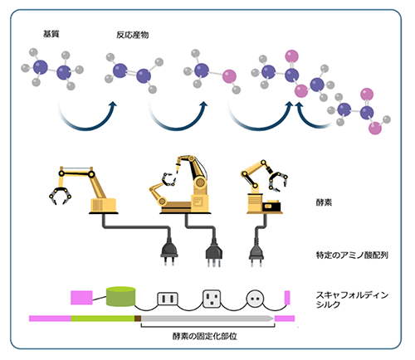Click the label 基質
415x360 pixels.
pos(51,34)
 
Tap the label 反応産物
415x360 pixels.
pos(133,35)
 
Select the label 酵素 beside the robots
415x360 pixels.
pos(324,202)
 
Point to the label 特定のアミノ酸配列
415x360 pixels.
pos(352,255)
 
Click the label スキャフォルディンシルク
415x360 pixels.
pos(352,299)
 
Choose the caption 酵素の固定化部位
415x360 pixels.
pos(205,336)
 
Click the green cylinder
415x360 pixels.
pos(121,296)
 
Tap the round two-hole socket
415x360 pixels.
pos(255,299)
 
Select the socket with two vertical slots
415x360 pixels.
pos(168,299)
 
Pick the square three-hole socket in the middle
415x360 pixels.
pos(212,299)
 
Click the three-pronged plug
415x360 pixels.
pos(214,254)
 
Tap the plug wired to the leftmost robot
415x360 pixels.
pos(169,253)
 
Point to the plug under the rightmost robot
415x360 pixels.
pos(256,254)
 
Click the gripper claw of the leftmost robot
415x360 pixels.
pos(60,195)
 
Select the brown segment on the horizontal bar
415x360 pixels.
pos(138,319)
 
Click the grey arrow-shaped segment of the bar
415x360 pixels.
pos(207,319)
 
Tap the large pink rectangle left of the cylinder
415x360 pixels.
pos(81,298)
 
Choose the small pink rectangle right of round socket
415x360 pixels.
pos(287,298)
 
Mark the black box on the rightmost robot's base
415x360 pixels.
pos(271,207)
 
